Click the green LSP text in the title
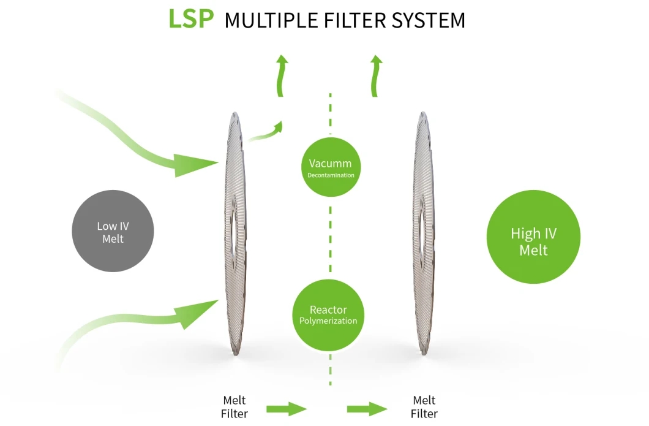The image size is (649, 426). click(x=191, y=18)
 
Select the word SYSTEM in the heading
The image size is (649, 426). click(x=429, y=20)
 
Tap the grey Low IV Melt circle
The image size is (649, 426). click(x=113, y=231)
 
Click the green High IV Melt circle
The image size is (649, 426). click(x=533, y=237)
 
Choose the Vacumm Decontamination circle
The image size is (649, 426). click(x=331, y=167)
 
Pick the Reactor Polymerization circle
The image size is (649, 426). click(x=328, y=315)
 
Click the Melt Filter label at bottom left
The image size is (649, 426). click(x=234, y=407)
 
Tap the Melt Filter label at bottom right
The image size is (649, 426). click(x=424, y=407)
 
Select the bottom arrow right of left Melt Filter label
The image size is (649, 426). click(x=287, y=409)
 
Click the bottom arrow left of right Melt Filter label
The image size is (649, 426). click(x=367, y=409)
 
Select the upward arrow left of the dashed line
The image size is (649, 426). click(x=282, y=76)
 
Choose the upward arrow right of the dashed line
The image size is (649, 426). click(x=376, y=76)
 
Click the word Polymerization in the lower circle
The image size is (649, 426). click(x=328, y=321)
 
